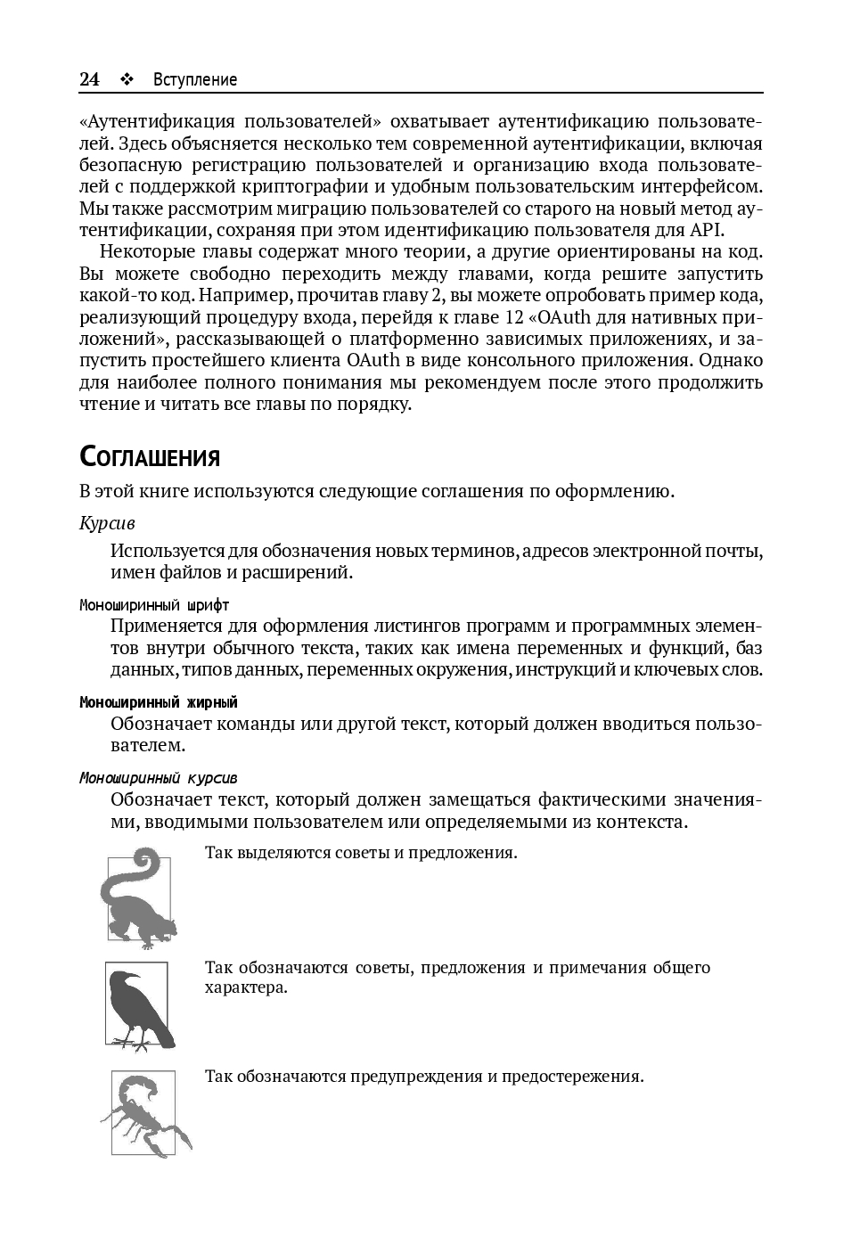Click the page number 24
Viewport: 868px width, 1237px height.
(x=89, y=79)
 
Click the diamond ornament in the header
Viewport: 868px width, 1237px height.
(x=126, y=79)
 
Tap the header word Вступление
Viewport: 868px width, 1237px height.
(x=195, y=79)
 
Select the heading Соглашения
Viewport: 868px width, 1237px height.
(x=150, y=457)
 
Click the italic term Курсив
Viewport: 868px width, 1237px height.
(x=107, y=522)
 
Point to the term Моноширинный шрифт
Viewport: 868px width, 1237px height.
(x=154, y=605)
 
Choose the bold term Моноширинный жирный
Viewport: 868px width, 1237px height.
(x=159, y=702)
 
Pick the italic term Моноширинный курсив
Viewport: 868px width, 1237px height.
(x=159, y=778)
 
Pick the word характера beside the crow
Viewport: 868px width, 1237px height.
(x=246, y=987)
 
